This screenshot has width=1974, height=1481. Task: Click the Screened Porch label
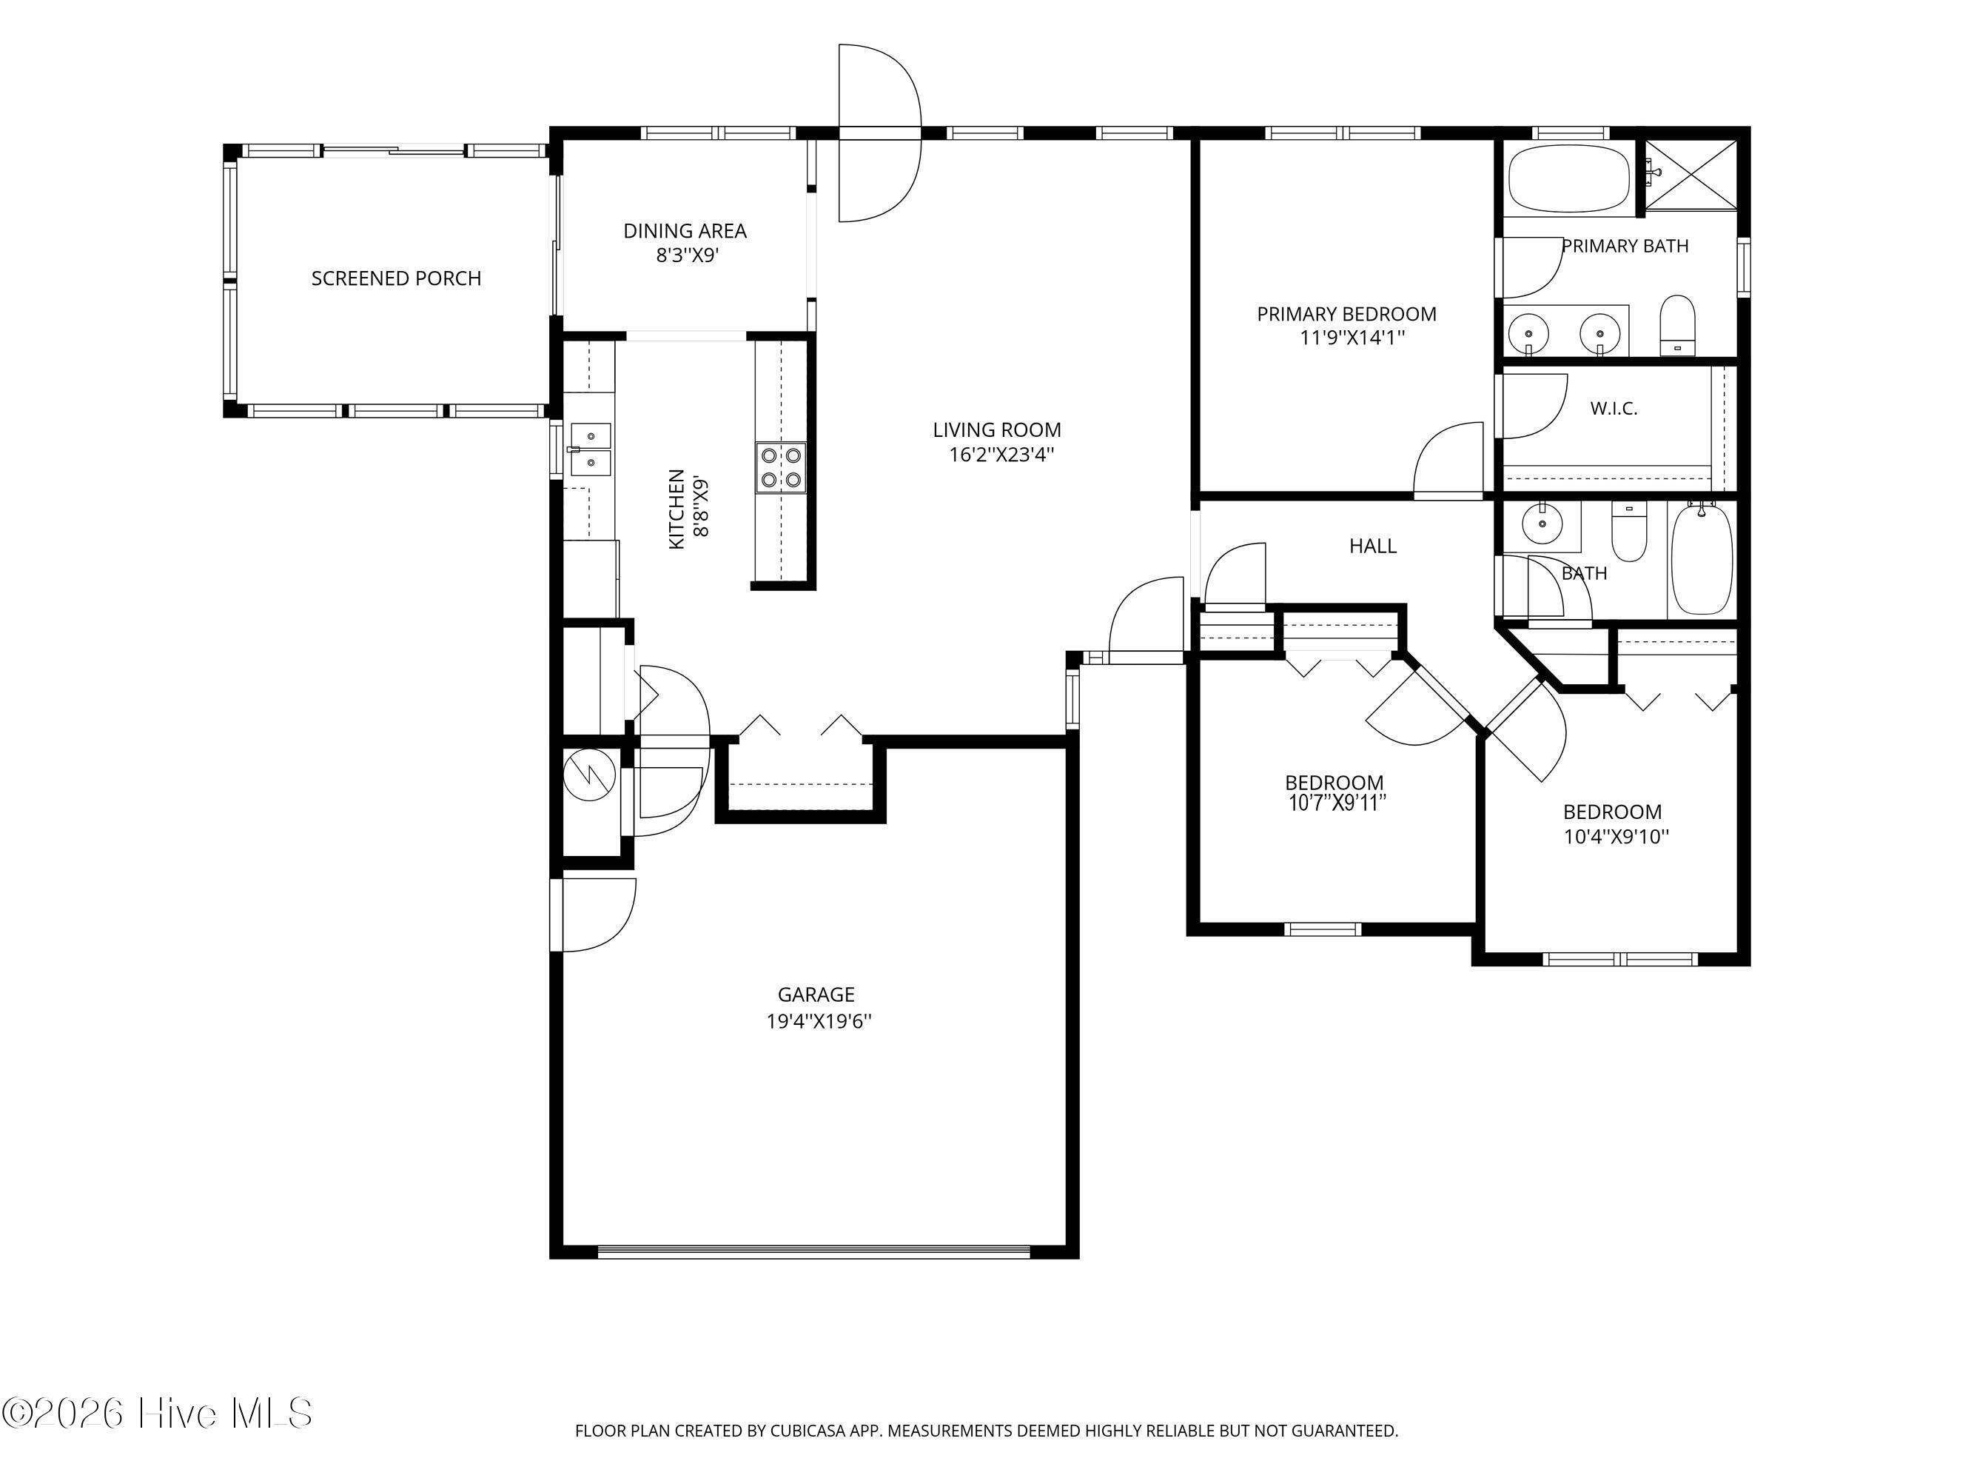396,278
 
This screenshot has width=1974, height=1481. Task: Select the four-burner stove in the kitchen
781,468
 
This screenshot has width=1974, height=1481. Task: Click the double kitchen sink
591,450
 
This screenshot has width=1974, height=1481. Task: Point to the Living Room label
997,430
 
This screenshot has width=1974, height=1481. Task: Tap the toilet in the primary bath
1677,325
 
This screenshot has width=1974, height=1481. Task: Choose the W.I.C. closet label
1614,409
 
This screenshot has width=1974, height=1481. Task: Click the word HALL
1372,546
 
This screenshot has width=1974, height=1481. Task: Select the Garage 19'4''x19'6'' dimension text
819,1021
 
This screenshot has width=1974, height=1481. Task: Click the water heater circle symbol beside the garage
590,773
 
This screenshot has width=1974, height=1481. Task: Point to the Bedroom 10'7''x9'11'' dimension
1335,803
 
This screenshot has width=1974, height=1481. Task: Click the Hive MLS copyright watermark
158,1413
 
